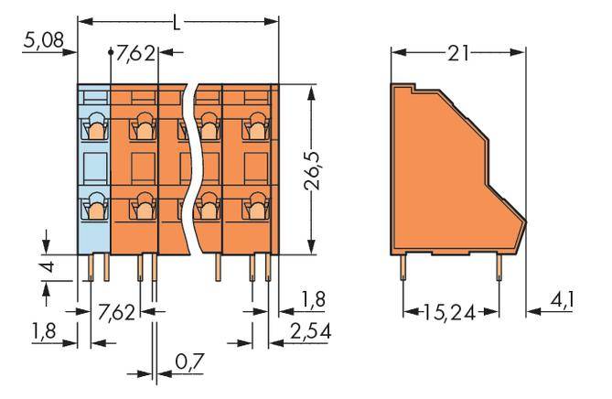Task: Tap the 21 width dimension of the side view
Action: point(459,53)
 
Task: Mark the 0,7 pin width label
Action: point(188,364)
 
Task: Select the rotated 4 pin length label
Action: point(50,270)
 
